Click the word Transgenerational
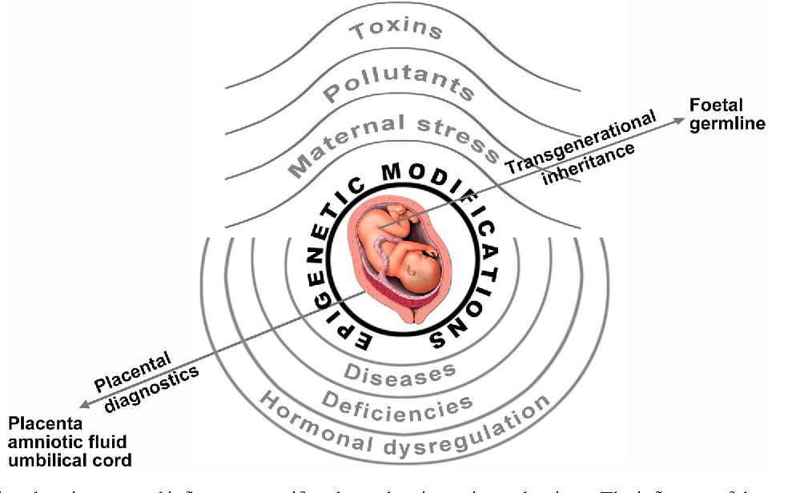click(x=580, y=142)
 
